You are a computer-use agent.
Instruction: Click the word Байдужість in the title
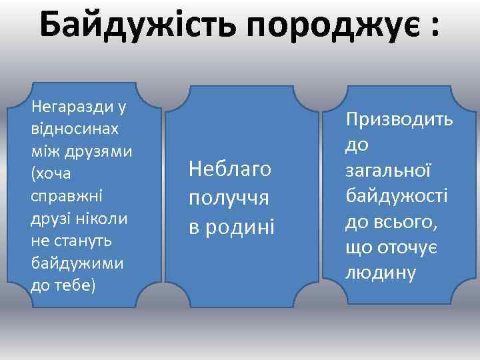[x=137, y=26]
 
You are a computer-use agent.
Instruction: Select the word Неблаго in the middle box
[x=230, y=169]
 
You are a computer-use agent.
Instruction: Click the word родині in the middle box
[x=241, y=227]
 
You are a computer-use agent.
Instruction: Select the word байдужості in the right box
[x=396, y=195]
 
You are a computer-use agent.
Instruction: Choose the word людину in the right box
[x=380, y=272]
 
